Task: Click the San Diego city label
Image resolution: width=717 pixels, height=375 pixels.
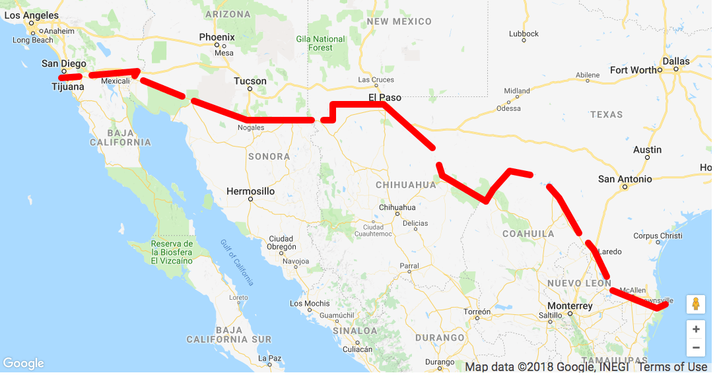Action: coord(63,63)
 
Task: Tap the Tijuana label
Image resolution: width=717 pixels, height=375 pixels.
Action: coord(67,86)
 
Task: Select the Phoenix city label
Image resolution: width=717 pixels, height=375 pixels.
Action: coord(217,38)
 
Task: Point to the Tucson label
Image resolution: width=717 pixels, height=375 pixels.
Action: coord(250,81)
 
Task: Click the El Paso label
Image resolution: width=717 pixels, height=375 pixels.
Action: coord(384,98)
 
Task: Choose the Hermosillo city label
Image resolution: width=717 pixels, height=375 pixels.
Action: coord(250,191)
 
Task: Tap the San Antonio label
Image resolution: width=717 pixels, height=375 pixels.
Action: coord(625,179)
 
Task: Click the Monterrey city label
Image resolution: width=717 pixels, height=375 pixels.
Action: coord(570,306)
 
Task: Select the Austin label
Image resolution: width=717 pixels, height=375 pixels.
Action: coord(647,150)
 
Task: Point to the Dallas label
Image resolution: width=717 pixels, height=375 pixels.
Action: coord(676,61)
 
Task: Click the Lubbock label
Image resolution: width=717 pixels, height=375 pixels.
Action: coord(524,34)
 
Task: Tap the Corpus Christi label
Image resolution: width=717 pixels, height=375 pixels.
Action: coord(658,236)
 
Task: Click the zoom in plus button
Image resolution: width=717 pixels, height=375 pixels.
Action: coord(696,329)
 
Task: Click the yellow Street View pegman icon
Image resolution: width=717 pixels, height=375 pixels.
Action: coord(696,304)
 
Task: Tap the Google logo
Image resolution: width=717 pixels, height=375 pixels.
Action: coord(23,364)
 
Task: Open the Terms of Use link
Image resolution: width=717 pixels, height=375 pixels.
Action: coord(672,367)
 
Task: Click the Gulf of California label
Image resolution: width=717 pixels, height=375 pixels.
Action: coord(237,262)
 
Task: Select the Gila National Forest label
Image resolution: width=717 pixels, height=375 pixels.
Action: coord(321,44)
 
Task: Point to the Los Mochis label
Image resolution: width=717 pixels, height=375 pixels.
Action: coord(310,304)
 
